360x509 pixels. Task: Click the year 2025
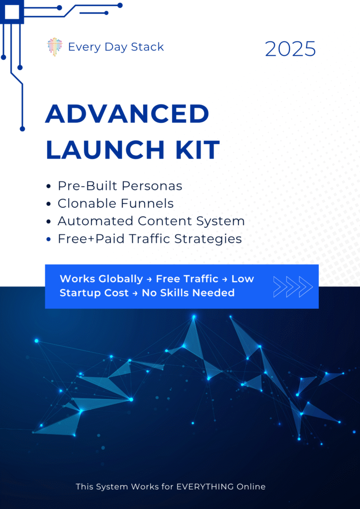click(290, 49)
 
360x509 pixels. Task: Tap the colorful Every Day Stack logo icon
click(55, 47)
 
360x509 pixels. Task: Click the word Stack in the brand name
click(147, 47)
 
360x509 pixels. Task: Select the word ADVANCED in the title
click(127, 114)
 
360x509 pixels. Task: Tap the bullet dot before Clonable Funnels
click(49, 204)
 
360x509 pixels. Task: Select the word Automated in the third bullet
click(95, 221)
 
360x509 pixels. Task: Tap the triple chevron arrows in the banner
click(293, 287)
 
